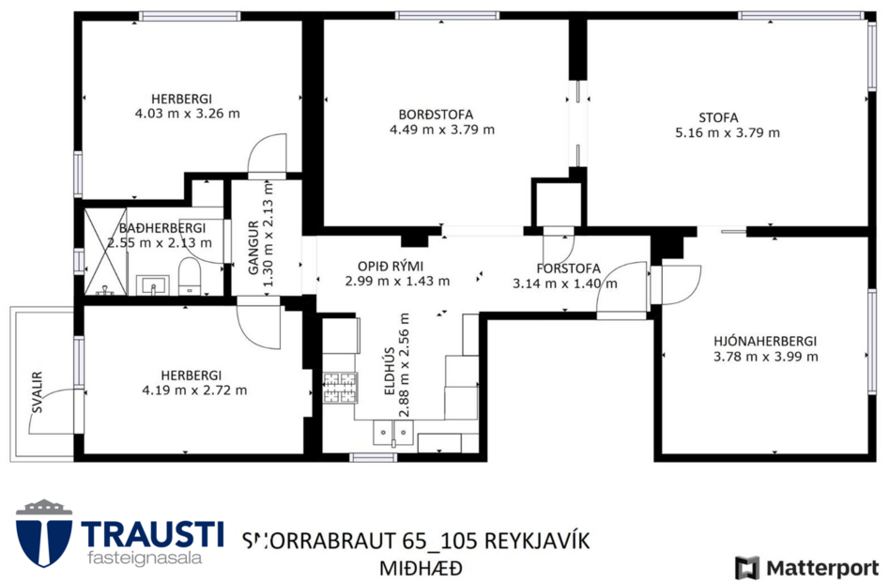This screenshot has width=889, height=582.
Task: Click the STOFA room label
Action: coord(718,117)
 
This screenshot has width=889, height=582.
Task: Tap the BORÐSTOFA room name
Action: coord(441,115)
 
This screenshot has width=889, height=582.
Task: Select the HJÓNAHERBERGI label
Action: coord(765,341)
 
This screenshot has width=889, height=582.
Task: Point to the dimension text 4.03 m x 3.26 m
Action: coord(188,113)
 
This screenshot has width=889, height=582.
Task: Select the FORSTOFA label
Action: coord(568,268)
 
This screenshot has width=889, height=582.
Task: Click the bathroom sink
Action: coord(152,283)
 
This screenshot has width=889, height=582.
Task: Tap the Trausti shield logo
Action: coord(43,532)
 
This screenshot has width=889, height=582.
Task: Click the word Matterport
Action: coord(821,567)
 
